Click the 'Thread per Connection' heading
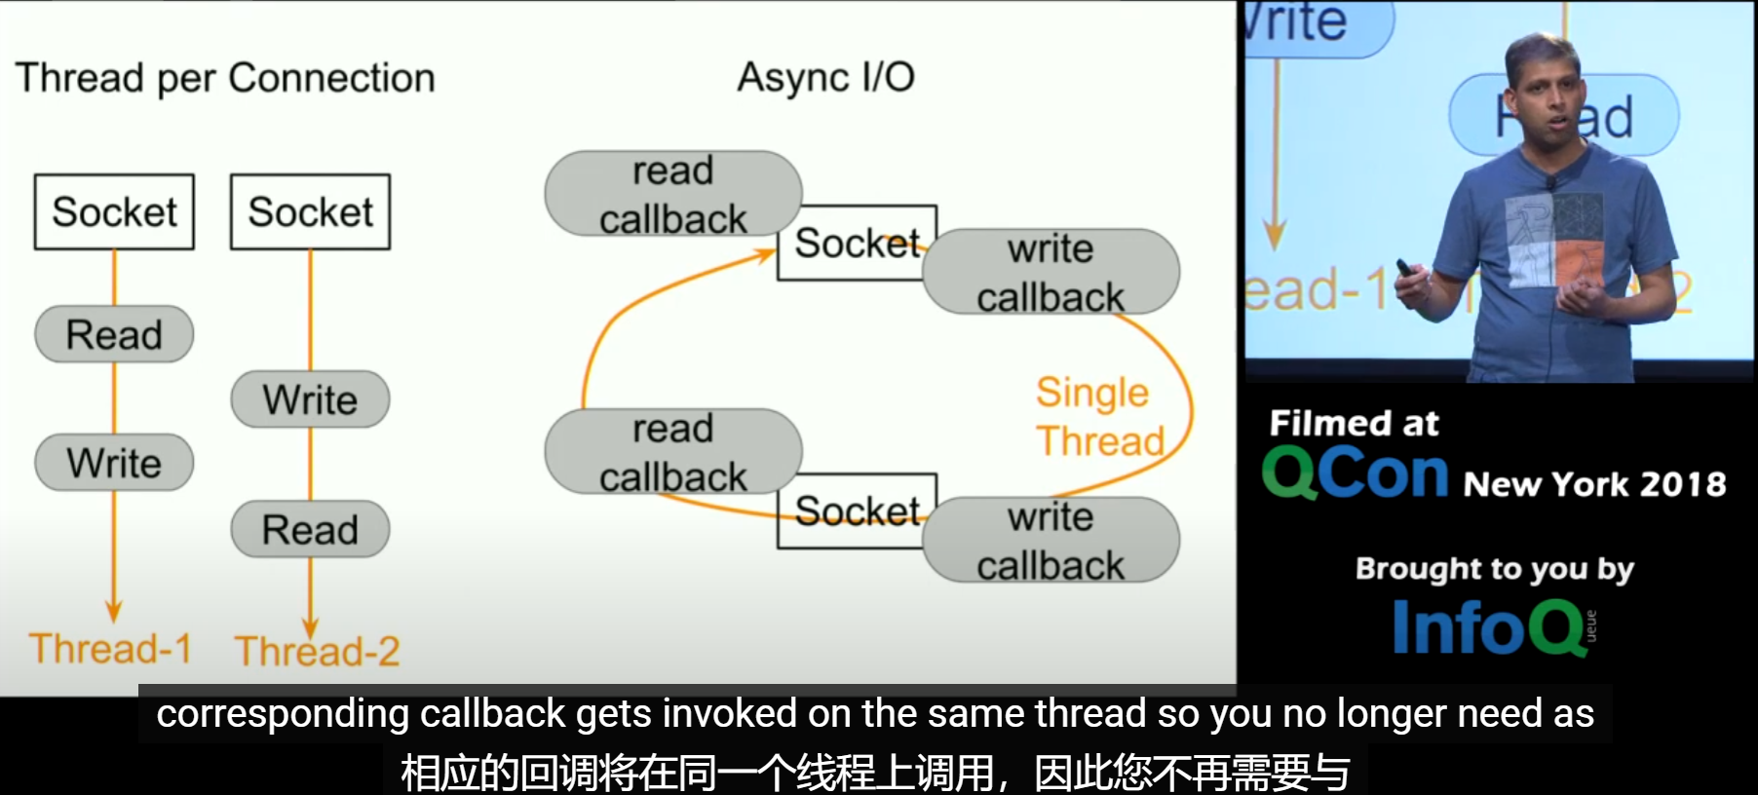[225, 78]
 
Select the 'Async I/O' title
[825, 78]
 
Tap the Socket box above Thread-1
[114, 212]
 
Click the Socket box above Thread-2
[310, 212]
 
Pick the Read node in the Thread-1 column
[114, 335]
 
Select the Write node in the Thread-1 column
[114, 463]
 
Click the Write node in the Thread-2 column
[310, 399]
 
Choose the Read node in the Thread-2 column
[310, 530]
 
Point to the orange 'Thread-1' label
[110, 649]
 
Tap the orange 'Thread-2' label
[317, 651]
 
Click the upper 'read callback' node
[672, 194]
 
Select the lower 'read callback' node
[672, 452]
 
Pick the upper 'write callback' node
[1051, 272]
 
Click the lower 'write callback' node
[1051, 541]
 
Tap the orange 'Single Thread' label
[1098, 417]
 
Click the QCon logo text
[1356, 474]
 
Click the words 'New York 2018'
[1594, 484]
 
